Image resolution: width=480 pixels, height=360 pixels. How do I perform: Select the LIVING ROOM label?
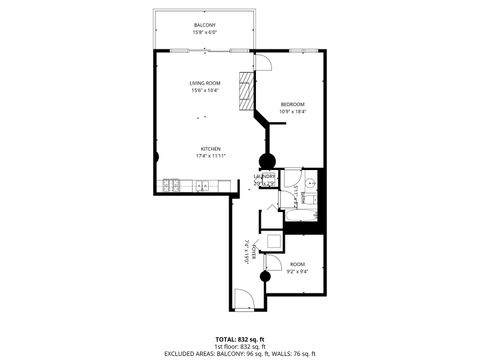pyautogui.click(x=206, y=82)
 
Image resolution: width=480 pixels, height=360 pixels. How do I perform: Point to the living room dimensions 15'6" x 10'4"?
pyautogui.click(x=206, y=90)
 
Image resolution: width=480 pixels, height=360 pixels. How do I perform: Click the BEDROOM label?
pyautogui.click(x=292, y=104)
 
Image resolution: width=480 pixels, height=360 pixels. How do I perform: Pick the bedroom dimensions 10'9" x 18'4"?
pyautogui.click(x=292, y=112)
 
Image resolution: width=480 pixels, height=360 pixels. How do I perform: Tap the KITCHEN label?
pyautogui.click(x=209, y=149)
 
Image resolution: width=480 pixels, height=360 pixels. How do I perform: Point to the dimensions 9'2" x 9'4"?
pyautogui.click(x=298, y=270)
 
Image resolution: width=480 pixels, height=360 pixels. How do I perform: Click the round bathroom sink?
pyautogui.click(x=311, y=184)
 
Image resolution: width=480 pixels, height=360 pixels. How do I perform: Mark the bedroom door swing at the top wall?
pyautogui.click(x=264, y=62)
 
